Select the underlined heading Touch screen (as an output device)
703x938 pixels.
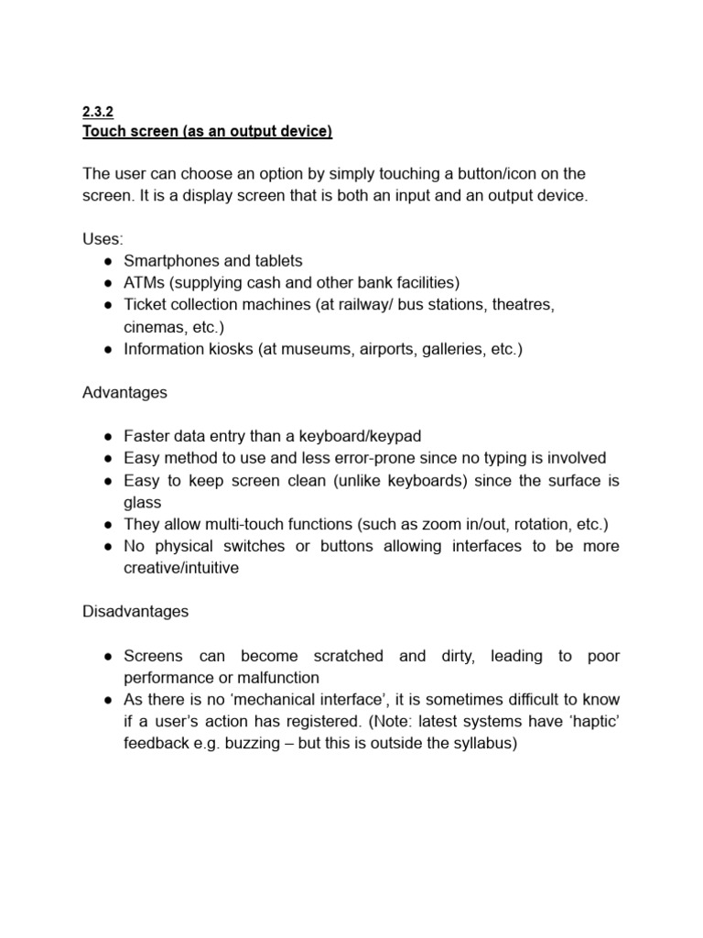[x=208, y=132]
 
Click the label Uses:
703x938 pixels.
[x=103, y=238]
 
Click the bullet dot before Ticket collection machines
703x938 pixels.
[x=108, y=304]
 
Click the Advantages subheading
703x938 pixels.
[x=124, y=392]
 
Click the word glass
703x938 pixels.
[x=143, y=502]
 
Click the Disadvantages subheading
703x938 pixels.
[x=135, y=612]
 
